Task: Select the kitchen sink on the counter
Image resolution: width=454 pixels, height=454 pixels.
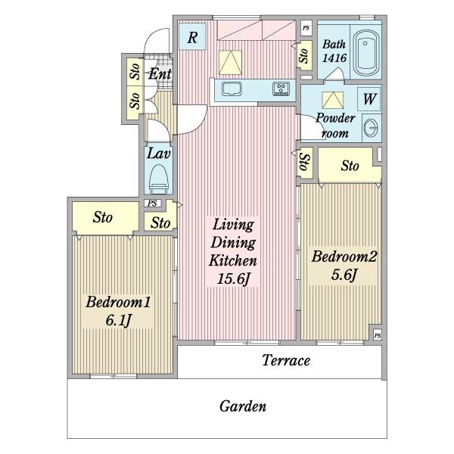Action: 232,89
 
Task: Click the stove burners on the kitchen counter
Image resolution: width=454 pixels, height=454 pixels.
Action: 281,89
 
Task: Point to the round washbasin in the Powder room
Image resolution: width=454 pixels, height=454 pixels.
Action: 371,128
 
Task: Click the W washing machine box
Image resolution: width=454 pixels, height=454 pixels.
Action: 369,98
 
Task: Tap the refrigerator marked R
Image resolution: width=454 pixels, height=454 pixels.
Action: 192,37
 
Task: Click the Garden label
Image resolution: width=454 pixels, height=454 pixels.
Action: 243,406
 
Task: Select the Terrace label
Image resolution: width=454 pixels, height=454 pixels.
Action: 286,360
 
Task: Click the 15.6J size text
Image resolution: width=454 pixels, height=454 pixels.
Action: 233,279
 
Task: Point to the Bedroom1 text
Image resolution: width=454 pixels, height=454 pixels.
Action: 118,302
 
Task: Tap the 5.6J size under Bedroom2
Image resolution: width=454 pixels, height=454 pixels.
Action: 344,275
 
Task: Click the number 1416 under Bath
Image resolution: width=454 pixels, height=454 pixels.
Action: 334,58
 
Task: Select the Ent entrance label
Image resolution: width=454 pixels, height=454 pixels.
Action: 160,74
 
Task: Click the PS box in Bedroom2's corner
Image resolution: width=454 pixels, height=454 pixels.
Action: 378,335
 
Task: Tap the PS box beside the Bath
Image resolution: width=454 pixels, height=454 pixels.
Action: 306,28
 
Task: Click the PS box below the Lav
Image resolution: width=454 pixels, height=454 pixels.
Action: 153,204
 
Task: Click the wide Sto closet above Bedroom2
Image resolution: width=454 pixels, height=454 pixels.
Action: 350,165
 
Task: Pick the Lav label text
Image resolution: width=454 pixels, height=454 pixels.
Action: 158,154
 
